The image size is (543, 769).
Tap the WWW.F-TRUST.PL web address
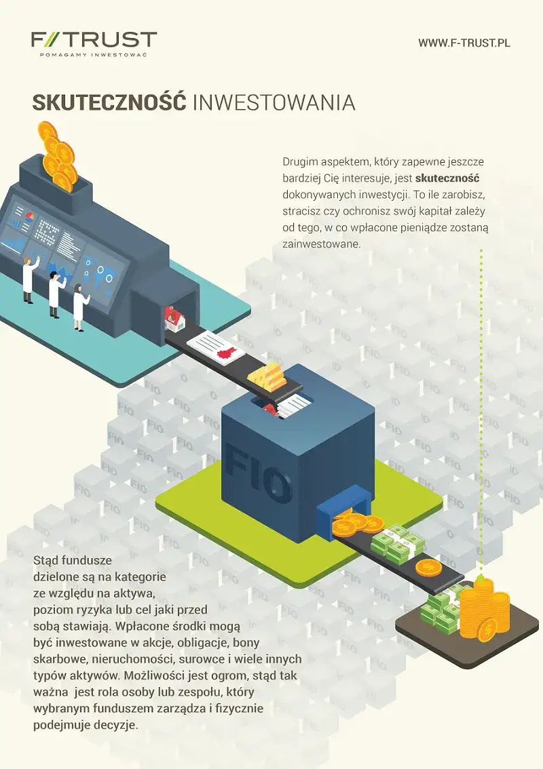click(x=464, y=43)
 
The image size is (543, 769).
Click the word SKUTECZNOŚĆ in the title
click(x=109, y=102)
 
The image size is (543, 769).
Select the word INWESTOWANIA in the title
click(x=274, y=102)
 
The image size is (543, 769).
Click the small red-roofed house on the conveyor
click(x=174, y=318)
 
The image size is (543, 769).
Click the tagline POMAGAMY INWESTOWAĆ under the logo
click(x=94, y=54)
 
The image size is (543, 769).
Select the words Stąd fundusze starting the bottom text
click(x=72, y=561)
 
